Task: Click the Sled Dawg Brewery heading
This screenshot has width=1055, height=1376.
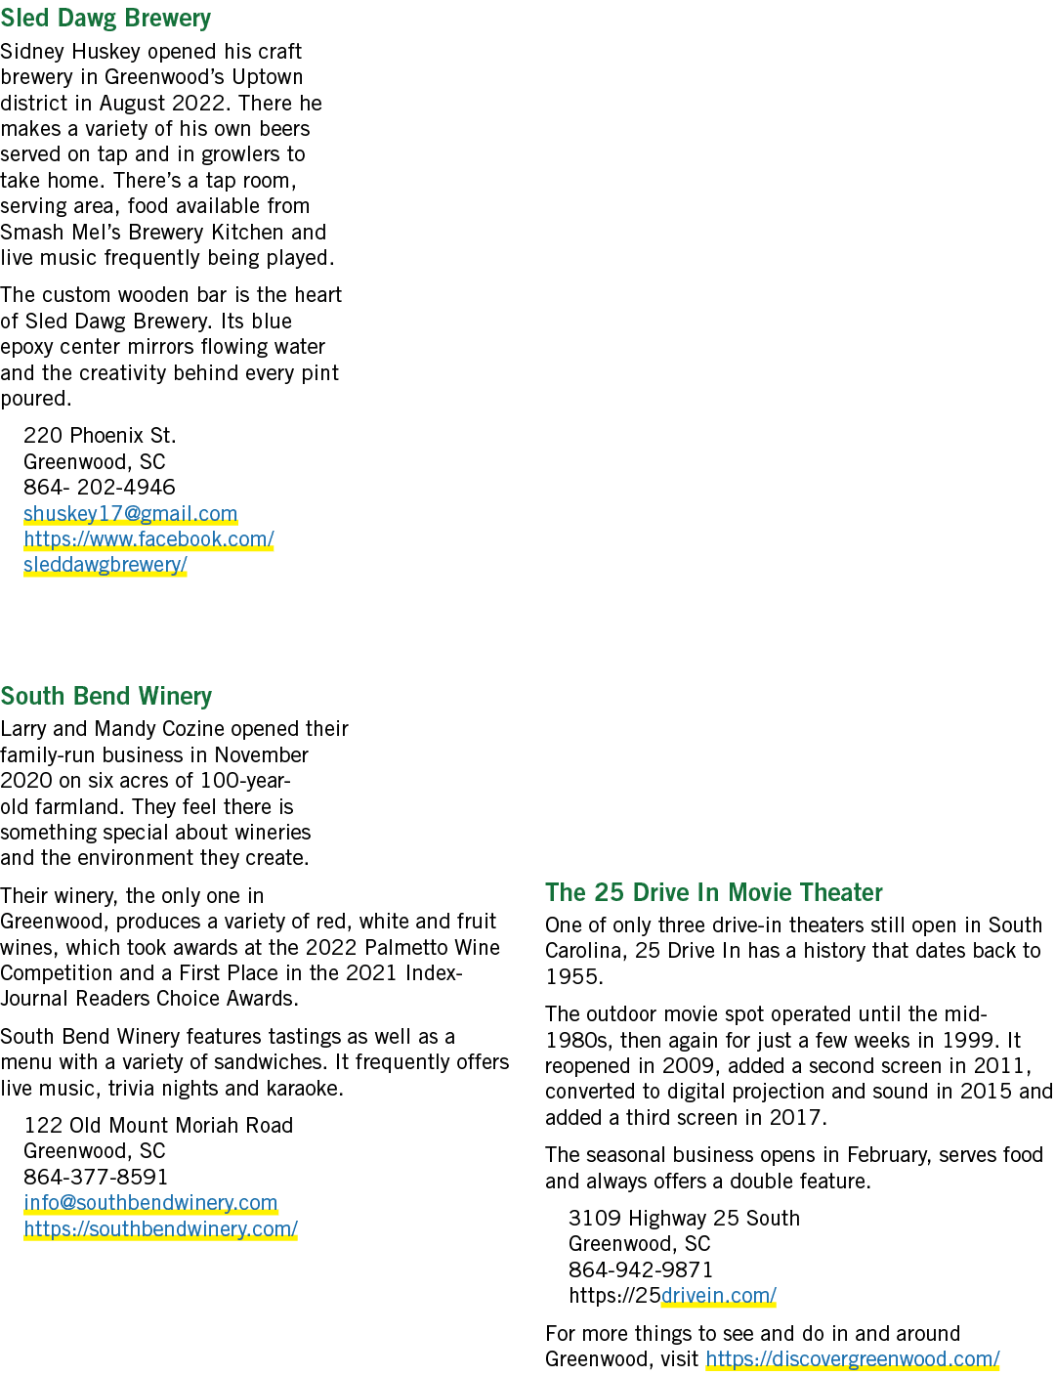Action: [x=105, y=18]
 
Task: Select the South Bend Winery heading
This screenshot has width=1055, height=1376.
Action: [x=106, y=695]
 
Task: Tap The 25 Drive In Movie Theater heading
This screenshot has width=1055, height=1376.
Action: [x=713, y=891]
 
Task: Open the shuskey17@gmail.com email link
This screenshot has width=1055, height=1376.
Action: [x=130, y=513]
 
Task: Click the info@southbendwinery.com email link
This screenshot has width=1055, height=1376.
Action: [x=150, y=1202]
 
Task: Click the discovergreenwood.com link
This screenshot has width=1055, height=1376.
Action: [x=853, y=1358]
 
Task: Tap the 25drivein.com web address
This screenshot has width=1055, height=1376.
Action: [x=672, y=1295]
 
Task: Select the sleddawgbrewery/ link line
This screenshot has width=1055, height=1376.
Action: [x=105, y=564]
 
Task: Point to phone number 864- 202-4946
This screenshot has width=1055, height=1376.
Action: [x=100, y=487]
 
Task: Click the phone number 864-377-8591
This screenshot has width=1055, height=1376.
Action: [x=96, y=1177]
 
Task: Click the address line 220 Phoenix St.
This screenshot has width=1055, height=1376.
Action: [x=100, y=435]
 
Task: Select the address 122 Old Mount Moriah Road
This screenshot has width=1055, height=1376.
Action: [x=158, y=1125]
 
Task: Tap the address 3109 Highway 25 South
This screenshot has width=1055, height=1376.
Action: [x=684, y=1218]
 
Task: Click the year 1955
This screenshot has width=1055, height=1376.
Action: [x=574, y=976]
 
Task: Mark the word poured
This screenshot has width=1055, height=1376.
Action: [x=36, y=399]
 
